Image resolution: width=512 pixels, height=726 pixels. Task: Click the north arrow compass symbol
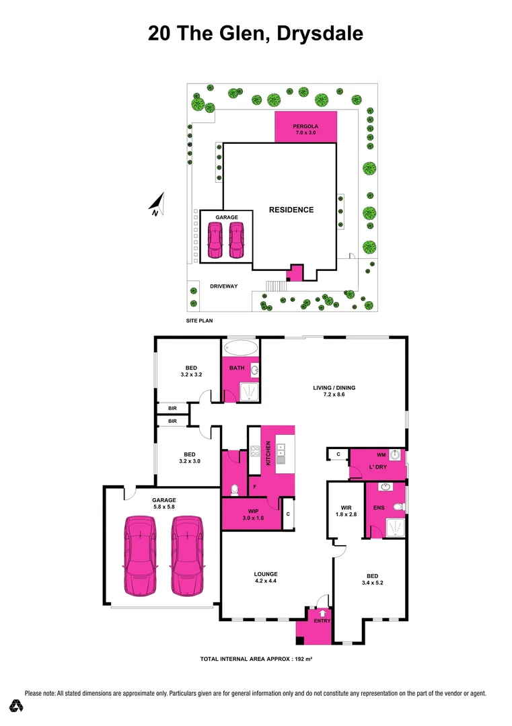157,204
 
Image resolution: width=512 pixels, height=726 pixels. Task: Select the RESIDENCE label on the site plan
291,210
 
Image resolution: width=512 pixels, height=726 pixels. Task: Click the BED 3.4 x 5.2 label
372,579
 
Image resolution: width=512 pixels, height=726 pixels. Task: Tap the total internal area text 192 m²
256,659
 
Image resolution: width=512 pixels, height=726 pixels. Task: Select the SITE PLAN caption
199,321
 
